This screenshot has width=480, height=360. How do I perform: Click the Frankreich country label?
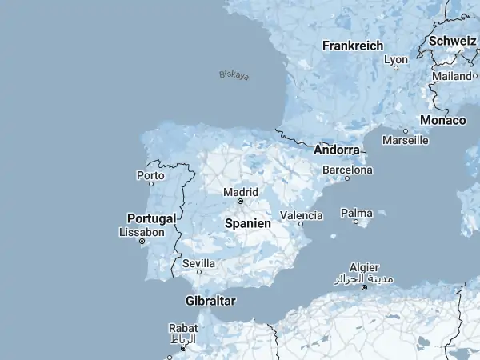353,46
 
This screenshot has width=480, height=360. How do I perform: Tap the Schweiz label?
453,41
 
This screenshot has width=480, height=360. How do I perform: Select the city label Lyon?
396,59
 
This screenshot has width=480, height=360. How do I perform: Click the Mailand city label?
451,76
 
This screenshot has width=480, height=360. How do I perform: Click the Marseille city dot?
406,131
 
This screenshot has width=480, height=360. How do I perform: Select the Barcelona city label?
347,170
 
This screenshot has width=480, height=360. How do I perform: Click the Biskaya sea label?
234,75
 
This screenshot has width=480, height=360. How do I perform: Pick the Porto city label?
150,174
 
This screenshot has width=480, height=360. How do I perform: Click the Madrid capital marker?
240,202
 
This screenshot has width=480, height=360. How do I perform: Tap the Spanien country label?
248,224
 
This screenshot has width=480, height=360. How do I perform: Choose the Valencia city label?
302,215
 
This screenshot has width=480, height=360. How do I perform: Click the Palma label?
356,213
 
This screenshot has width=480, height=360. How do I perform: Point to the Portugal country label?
151,218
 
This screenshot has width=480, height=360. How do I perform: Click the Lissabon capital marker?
142,241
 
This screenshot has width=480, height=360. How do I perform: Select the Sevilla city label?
198,262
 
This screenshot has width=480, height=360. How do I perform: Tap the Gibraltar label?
210,301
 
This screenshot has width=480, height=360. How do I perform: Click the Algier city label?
364,267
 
